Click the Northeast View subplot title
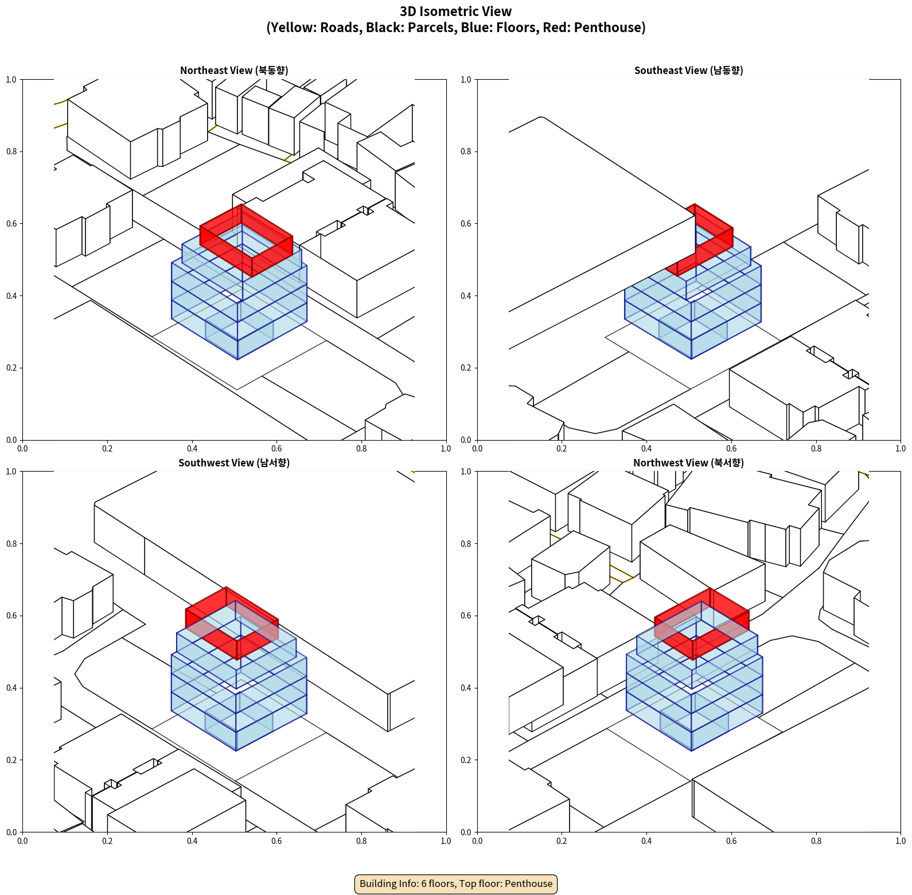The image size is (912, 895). tap(234, 71)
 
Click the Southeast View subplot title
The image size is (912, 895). tap(688, 71)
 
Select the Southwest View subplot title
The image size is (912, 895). tap(234, 463)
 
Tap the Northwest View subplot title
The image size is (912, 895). tap(688, 463)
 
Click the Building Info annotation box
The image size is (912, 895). tap(456, 884)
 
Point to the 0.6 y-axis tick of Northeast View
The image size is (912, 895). tap(11, 224)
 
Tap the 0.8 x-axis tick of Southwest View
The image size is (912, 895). tap(361, 841)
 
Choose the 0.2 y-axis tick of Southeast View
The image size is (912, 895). tap(466, 368)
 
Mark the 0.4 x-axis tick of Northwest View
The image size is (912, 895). tap(646, 841)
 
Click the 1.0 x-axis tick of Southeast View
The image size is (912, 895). tap(901, 449)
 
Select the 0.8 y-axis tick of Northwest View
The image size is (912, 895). tap(466, 543)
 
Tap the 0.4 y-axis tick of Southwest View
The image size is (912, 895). tap(11, 688)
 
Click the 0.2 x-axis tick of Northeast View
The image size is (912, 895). tap(107, 449)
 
